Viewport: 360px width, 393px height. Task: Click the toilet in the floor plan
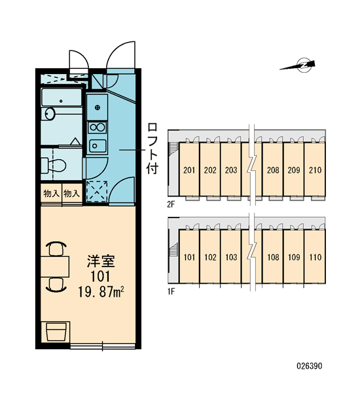tap(53, 165)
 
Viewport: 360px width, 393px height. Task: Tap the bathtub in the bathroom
tap(62, 98)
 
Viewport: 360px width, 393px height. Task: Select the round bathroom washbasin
tap(50, 113)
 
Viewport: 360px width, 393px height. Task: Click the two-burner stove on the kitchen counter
tap(98, 128)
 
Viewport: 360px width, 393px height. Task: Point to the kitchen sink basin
tap(98, 145)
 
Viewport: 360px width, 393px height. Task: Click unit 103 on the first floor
tap(231, 257)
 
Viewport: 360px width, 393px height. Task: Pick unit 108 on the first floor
tap(273, 257)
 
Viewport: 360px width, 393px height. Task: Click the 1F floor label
tap(171, 291)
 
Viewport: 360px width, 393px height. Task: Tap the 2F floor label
tap(171, 204)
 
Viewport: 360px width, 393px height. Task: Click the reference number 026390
tap(310, 366)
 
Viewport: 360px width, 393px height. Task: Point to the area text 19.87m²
tap(101, 291)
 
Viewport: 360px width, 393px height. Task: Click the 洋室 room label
tap(101, 261)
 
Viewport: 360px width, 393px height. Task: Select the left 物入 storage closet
tap(51, 193)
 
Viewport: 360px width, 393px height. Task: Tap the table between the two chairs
tap(55, 267)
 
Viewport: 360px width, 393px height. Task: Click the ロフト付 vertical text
tap(153, 149)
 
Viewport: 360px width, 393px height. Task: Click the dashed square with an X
tap(97, 191)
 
